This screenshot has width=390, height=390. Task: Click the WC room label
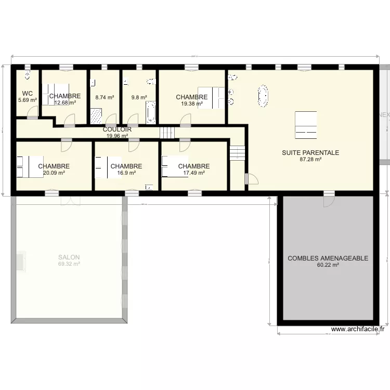coord(28,94)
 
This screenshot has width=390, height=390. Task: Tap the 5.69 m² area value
coord(28,100)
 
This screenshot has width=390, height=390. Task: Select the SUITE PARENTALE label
coord(310,153)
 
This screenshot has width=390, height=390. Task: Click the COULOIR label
coord(117,129)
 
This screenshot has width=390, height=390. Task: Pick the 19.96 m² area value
coord(117,136)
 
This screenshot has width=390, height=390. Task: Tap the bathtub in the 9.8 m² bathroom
coord(151,113)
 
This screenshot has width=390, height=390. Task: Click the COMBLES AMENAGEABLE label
coord(328,258)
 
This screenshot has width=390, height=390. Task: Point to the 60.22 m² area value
coord(328,265)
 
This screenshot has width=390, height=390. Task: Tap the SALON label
coord(69,257)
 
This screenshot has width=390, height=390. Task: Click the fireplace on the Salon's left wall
coord(21,261)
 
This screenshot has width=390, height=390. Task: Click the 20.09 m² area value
coord(54,173)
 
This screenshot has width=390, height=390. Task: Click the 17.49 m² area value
coord(193,173)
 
